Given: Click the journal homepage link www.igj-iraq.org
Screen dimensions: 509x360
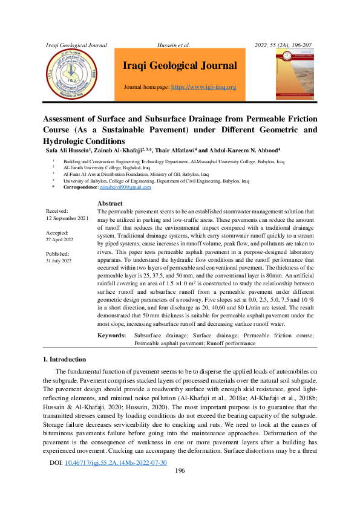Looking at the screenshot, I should [204, 87].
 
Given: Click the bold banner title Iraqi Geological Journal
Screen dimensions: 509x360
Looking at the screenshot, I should [180, 65].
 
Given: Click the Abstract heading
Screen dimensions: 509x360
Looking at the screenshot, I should [110, 204].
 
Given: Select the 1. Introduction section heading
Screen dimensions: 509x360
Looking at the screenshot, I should [68, 359].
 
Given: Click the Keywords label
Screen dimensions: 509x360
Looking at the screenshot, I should [112, 334].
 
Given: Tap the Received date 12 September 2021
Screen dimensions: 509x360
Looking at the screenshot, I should [67, 217].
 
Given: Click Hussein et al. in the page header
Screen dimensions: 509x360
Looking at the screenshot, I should [174, 45].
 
